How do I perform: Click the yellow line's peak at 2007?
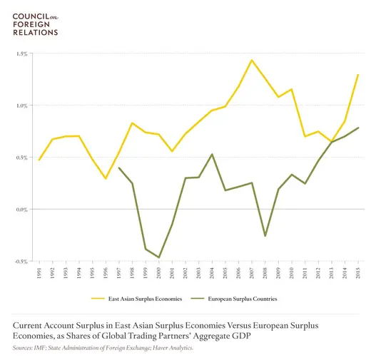[x=252, y=61]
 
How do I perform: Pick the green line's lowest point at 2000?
[x=158, y=257]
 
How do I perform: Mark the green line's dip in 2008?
[x=265, y=235]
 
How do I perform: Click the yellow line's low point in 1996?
[x=106, y=178]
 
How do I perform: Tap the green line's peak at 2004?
[x=212, y=154]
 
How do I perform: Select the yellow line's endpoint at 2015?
[x=357, y=75]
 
